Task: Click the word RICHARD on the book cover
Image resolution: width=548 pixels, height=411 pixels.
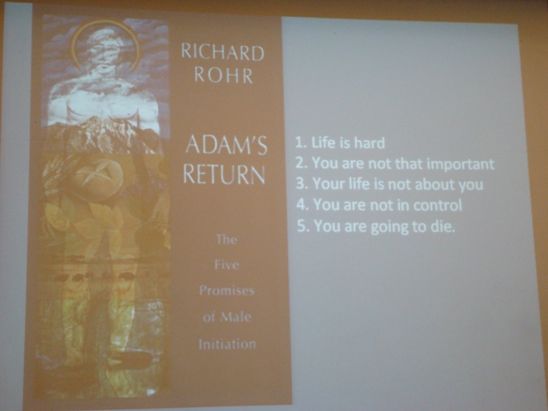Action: pyautogui.click(x=222, y=53)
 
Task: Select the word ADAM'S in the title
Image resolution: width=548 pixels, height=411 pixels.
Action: pyautogui.click(x=226, y=145)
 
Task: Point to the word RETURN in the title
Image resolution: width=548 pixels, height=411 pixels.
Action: pyautogui.click(x=224, y=174)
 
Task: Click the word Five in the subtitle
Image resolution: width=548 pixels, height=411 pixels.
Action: pyautogui.click(x=227, y=265)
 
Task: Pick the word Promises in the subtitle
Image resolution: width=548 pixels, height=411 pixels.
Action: pyautogui.click(x=226, y=290)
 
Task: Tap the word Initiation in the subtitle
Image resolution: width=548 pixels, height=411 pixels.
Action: pyautogui.click(x=227, y=344)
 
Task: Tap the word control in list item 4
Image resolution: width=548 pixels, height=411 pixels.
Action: pyautogui.click(x=437, y=205)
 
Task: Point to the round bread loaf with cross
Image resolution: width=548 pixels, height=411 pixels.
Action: pyautogui.click(x=97, y=179)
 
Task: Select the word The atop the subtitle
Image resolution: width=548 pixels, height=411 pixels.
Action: pyautogui.click(x=226, y=239)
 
